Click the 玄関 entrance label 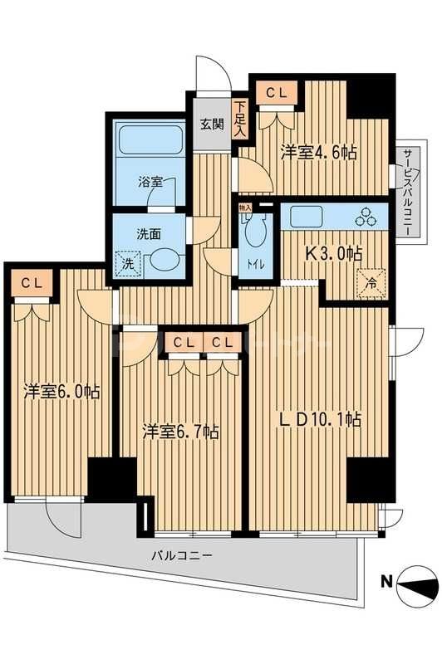tap(212, 125)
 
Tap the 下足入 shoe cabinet tap(240, 117)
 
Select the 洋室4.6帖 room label tap(318, 152)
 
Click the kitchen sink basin tap(315, 217)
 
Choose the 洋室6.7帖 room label tap(179, 432)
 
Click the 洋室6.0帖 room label tap(61, 390)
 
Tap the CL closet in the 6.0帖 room tap(31, 284)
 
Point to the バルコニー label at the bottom tap(182, 555)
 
